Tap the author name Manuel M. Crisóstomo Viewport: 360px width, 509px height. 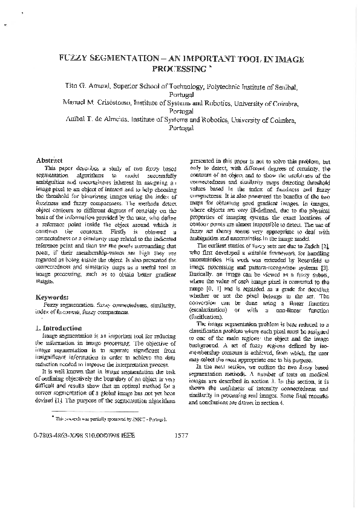pyautogui.click(x=96, y=103)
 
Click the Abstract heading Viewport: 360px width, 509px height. pyautogui.click(x=50, y=160)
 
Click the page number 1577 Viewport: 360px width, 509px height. pyautogui.click(x=181, y=452)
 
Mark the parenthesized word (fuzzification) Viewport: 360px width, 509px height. pyautogui.click(x=210, y=317)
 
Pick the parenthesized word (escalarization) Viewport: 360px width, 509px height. pyautogui.click(x=213, y=310)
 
